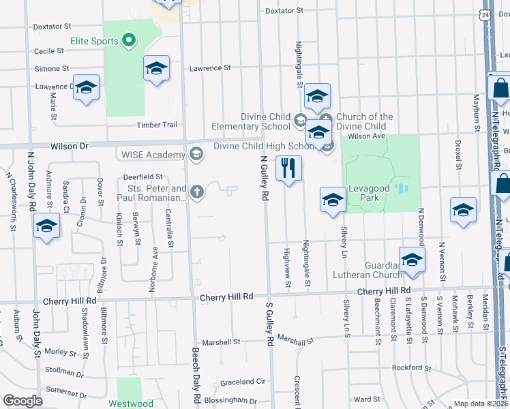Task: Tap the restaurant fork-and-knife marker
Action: (x=288, y=168)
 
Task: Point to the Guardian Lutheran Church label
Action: (x=373, y=270)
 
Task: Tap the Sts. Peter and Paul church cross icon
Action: (x=197, y=192)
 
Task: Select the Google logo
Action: (x=22, y=401)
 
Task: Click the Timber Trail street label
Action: (x=157, y=125)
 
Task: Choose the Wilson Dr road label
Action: (x=70, y=146)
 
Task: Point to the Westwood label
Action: (x=131, y=404)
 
